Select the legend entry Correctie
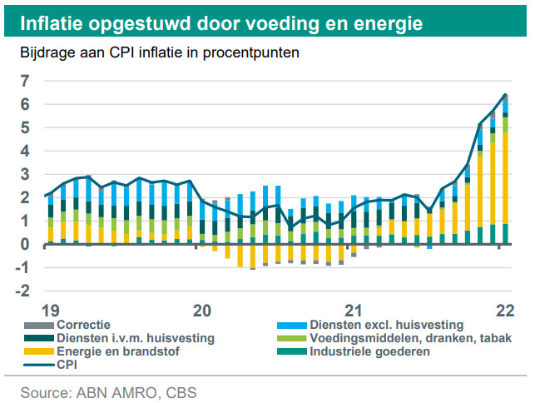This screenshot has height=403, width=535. [84, 325]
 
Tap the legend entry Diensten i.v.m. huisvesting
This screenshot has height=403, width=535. [134, 338]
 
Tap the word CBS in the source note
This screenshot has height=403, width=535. [178, 390]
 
